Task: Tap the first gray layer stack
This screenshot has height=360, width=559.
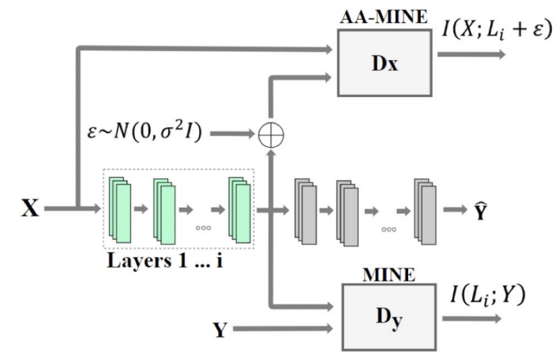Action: pyautogui.click(x=306, y=211)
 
